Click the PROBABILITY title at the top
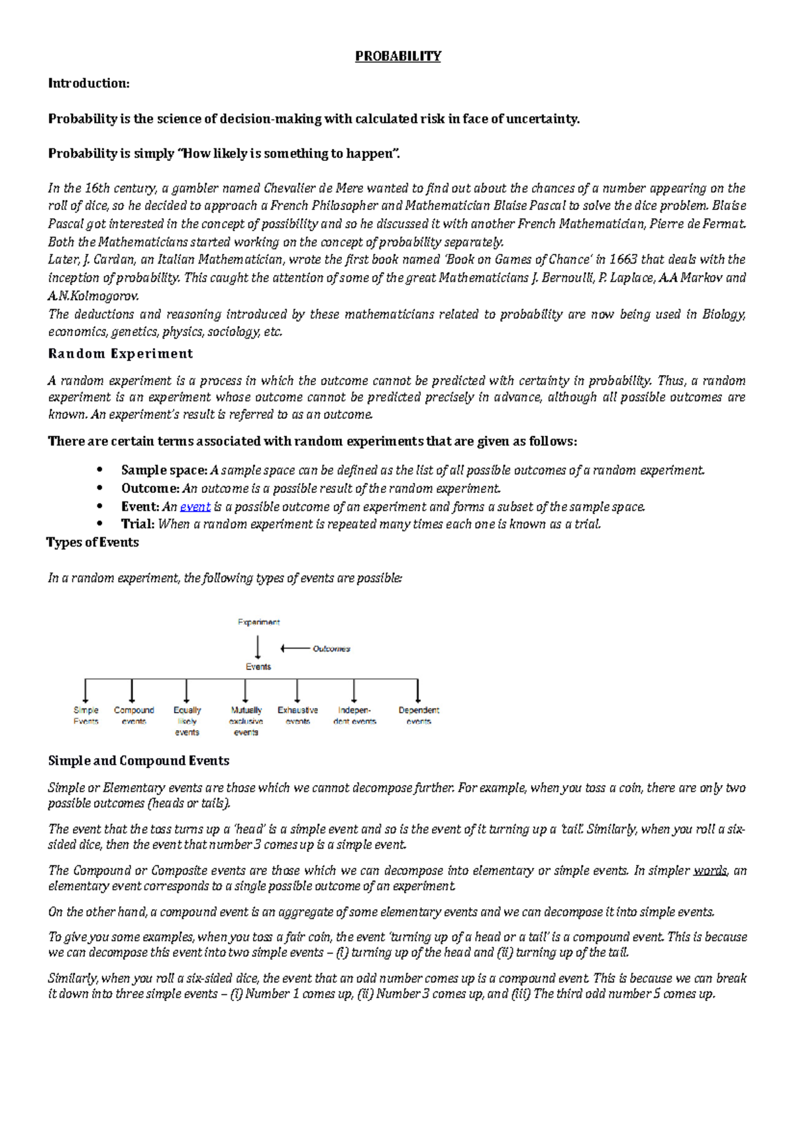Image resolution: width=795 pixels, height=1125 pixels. click(397, 56)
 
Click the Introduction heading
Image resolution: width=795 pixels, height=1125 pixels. click(89, 83)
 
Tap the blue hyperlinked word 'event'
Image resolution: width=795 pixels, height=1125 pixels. click(195, 507)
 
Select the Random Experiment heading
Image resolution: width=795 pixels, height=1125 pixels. click(120, 354)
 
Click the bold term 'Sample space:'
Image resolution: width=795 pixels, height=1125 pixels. click(164, 470)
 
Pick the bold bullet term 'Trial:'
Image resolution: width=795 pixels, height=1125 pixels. click(138, 524)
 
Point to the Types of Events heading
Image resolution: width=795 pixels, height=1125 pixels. click(93, 543)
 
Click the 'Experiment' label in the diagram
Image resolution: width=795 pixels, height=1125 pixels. click(258, 622)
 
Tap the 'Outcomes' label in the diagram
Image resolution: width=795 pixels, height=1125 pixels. click(331, 649)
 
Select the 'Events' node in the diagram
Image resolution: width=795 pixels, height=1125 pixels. click(258, 667)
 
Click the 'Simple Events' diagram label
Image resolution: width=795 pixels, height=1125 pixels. click(85, 716)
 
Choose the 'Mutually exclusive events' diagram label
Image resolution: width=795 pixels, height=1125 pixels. click(246, 721)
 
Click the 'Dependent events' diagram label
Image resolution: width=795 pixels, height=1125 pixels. click(419, 716)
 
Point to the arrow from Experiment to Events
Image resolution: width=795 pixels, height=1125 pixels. click(258, 647)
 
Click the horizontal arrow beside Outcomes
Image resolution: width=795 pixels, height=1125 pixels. click(295, 649)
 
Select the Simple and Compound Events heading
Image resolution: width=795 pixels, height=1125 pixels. click(138, 761)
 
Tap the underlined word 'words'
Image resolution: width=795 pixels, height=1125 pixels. click(710, 871)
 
